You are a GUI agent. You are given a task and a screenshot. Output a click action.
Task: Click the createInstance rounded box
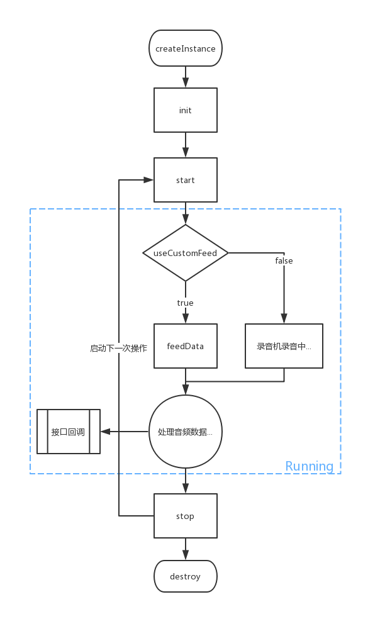point(186,48)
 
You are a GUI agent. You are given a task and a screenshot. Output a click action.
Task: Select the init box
point(186,110)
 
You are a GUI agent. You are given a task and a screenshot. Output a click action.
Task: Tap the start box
point(186,180)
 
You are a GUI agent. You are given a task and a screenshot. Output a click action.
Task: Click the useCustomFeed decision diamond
point(186,253)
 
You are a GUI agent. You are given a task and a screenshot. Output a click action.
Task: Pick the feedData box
point(186,346)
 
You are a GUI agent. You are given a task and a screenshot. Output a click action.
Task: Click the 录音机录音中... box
point(284,346)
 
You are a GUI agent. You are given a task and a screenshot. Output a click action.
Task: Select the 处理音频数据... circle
point(186,432)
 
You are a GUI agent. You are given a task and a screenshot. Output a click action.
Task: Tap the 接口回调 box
point(69,432)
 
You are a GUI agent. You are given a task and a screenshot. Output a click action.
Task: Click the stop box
point(186,516)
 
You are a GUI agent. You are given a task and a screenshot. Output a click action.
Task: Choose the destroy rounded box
point(186,576)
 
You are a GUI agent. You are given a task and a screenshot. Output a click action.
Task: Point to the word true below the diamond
point(186,303)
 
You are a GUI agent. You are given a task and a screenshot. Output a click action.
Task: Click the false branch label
point(284,260)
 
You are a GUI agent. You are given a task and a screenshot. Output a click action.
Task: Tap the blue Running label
point(309,466)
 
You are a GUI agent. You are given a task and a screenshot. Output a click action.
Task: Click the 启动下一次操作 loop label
point(119,347)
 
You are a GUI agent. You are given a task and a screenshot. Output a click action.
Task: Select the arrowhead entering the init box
point(186,83)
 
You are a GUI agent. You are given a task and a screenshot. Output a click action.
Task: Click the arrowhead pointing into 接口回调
point(106,432)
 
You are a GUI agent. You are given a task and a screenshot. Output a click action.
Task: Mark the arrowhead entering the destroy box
point(186,556)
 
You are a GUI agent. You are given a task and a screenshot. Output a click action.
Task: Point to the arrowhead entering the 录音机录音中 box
point(284,319)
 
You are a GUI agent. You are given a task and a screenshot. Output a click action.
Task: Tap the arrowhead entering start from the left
point(148,180)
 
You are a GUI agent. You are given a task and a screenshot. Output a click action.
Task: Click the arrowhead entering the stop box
point(186,489)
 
